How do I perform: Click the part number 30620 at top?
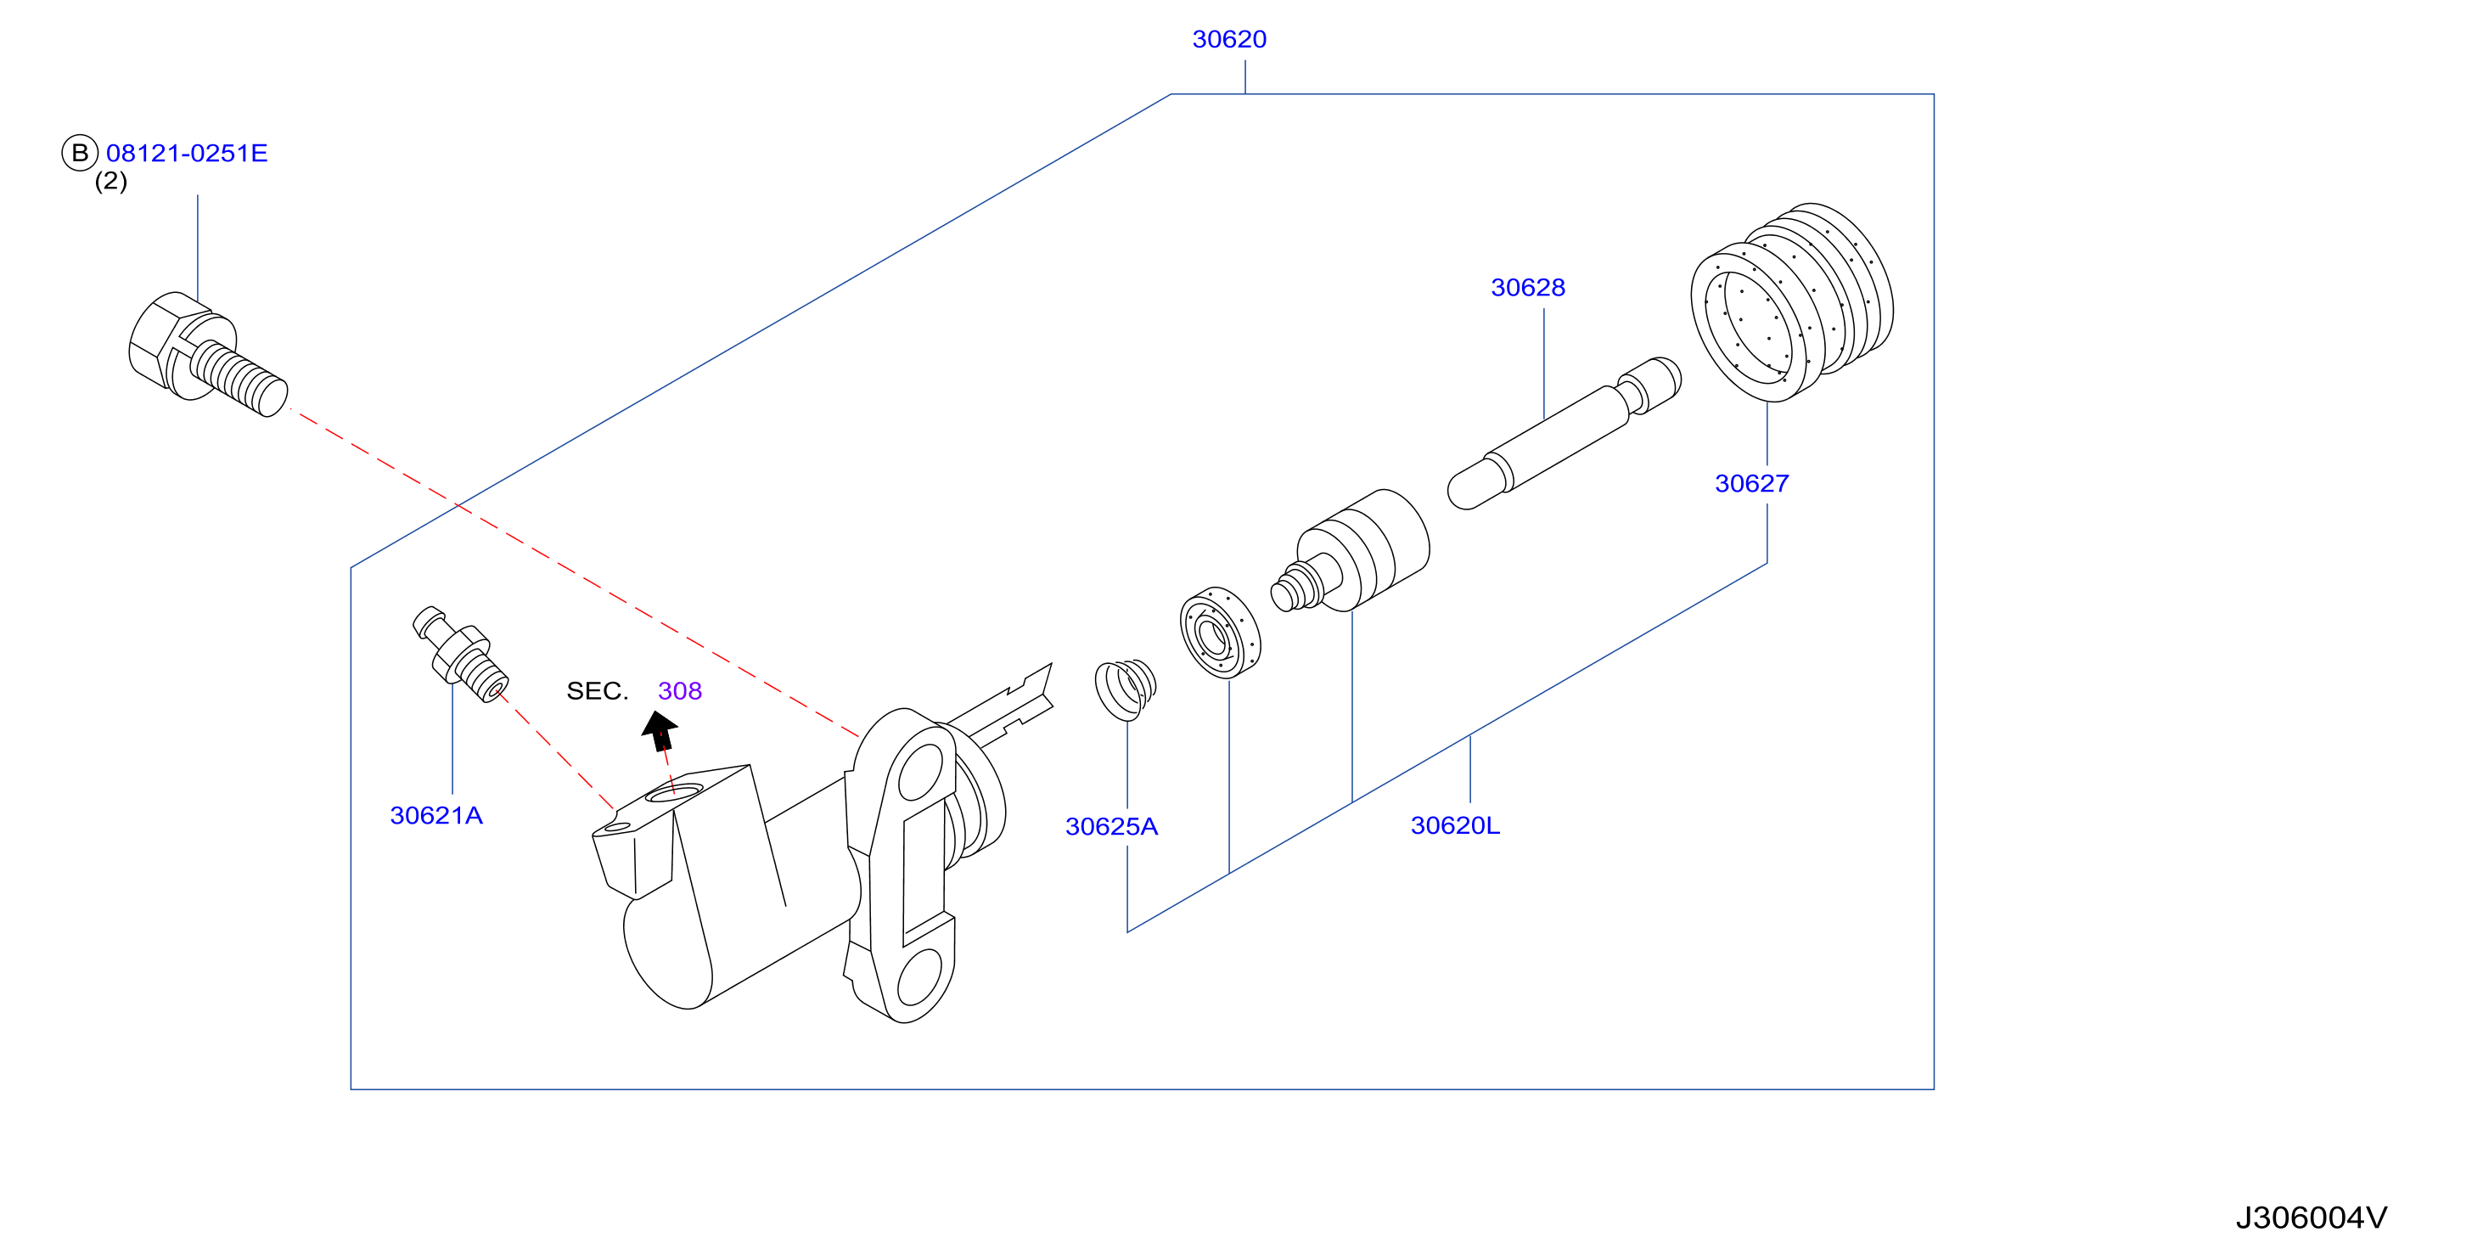pyautogui.click(x=1229, y=40)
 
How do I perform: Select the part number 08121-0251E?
pyautogui.click(x=187, y=154)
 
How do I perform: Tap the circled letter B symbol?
pyautogui.click(x=80, y=152)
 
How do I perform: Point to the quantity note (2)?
pyautogui.click(x=111, y=181)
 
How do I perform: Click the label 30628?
pyautogui.click(x=1528, y=287)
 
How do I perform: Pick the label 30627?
pyautogui.click(x=1751, y=483)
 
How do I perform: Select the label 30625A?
pyautogui.click(x=1111, y=826)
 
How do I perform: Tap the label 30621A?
pyautogui.click(x=435, y=816)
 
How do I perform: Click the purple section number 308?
pyautogui.click(x=680, y=691)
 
